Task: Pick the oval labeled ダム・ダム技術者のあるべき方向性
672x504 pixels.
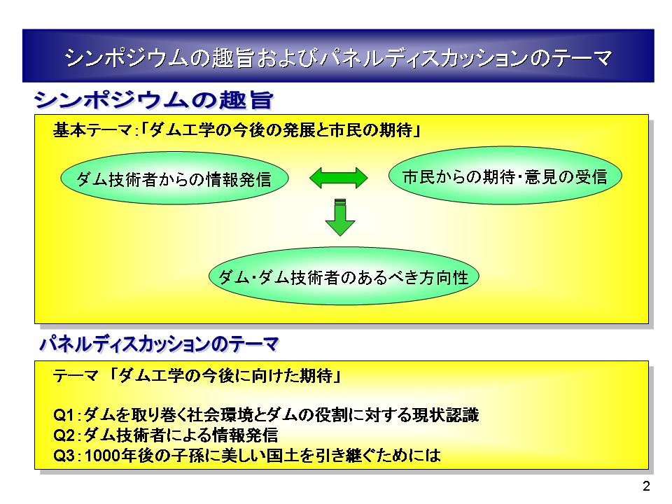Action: (344, 277)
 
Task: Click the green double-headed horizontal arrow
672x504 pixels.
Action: (339, 178)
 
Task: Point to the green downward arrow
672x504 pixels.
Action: (339, 218)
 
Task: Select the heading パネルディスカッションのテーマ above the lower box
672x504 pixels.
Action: (160, 343)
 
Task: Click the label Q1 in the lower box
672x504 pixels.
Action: (64, 414)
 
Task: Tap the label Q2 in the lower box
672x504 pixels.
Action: (64, 435)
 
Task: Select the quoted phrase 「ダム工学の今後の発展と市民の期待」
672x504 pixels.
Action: (279, 131)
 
